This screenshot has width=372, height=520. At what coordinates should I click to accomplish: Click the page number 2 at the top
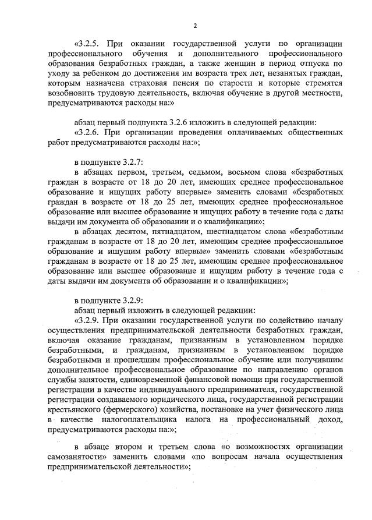pos(196,26)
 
